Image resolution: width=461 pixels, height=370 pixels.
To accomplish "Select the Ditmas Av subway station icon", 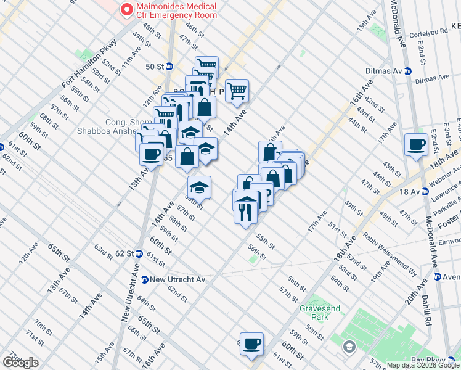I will pyautogui.click(x=408, y=71).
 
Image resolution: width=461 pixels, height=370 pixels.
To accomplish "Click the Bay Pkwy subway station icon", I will pyautogui.click(x=454, y=359).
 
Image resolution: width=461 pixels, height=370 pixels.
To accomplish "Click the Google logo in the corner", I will pyautogui.click(x=20, y=363).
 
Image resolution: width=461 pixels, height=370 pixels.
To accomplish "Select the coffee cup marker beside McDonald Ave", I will pyautogui.click(x=417, y=145).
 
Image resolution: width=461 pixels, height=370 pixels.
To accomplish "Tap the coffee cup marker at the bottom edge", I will pyautogui.click(x=251, y=343).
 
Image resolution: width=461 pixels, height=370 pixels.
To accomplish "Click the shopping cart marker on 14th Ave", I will pyautogui.click(x=237, y=91).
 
